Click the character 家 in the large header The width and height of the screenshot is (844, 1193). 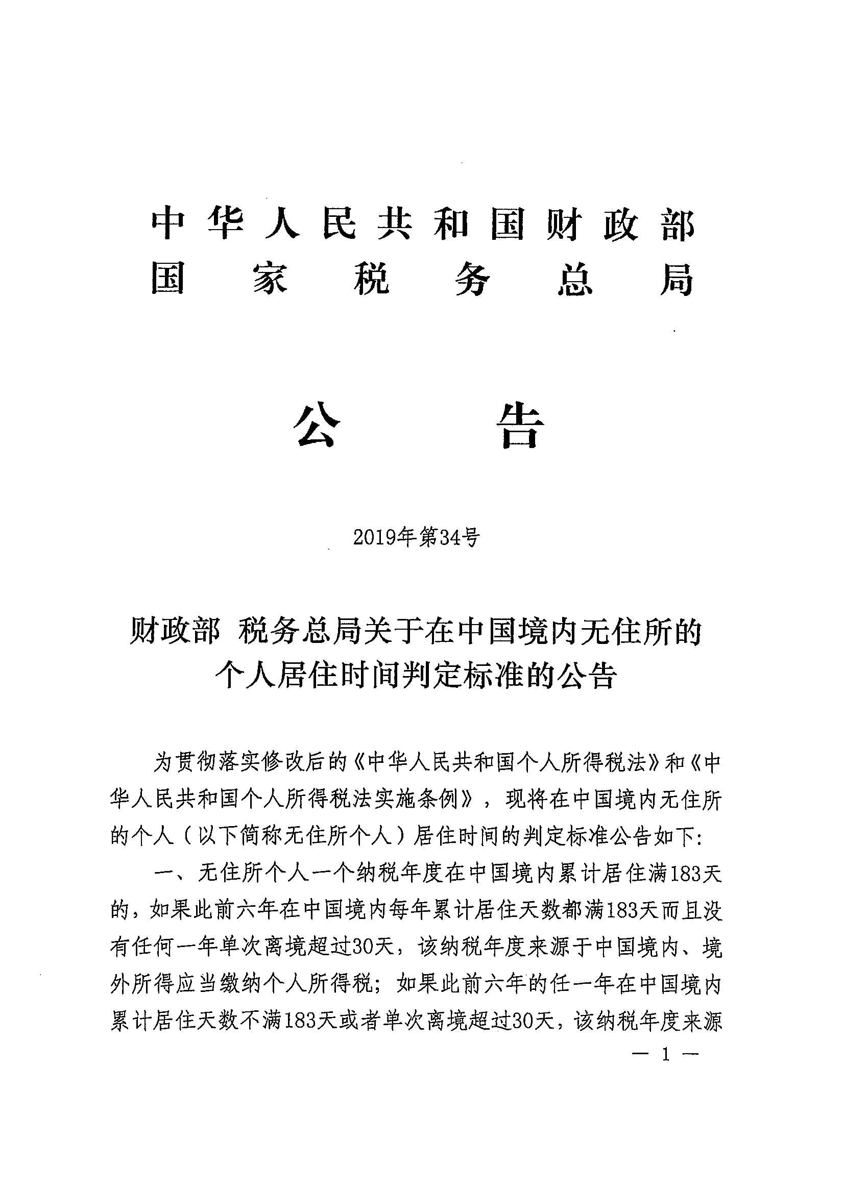coord(271,281)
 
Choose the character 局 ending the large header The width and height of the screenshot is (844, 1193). coord(677,281)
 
